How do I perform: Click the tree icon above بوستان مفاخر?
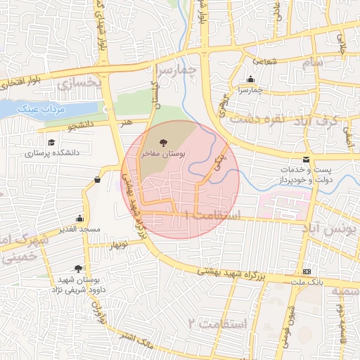pyautogui.click(x=164, y=143)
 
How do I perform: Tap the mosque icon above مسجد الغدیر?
pyautogui.click(x=79, y=219)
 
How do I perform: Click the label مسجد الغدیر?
pyautogui.click(x=80, y=229)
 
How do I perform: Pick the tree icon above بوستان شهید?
pyautogui.click(x=77, y=269)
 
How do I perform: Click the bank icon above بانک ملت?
pyautogui.click(x=307, y=271)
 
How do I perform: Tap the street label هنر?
pyautogui.click(x=127, y=122)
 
